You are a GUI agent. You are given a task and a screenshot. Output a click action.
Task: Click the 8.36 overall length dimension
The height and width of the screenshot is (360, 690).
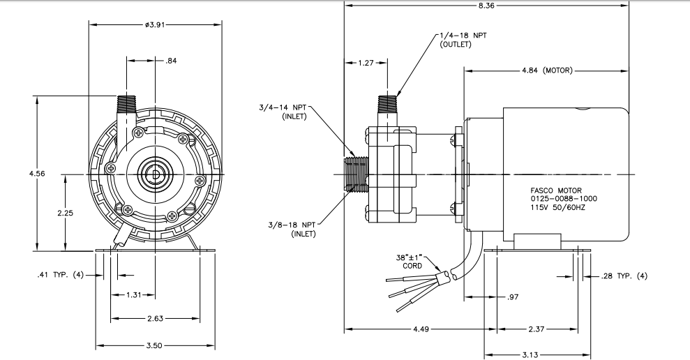pyautogui.click(x=486, y=6)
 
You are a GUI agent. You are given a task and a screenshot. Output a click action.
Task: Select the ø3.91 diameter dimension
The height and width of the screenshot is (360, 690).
pyautogui.click(x=154, y=24)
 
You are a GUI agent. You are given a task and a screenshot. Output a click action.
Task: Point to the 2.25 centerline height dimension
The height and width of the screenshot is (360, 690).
pyautogui.click(x=65, y=213)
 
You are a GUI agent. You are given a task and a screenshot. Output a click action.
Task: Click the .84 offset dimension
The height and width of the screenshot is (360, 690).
pyautogui.click(x=171, y=61)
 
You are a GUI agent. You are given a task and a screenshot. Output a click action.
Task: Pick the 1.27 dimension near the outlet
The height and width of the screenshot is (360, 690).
pyautogui.click(x=366, y=63)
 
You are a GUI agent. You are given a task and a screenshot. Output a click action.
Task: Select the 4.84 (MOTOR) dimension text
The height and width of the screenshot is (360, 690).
pyautogui.click(x=547, y=70)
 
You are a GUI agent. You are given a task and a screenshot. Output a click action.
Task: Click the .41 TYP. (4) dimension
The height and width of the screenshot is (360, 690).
pyautogui.click(x=60, y=275)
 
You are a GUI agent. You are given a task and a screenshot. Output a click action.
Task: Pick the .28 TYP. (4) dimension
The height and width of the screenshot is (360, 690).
pyautogui.click(x=624, y=276)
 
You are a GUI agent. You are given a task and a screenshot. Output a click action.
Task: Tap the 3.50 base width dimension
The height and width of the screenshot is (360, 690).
pyautogui.click(x=154, y=345)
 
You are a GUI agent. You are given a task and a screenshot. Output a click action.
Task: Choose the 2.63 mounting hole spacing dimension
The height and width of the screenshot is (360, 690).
pyautogui.click(x=154, y=318)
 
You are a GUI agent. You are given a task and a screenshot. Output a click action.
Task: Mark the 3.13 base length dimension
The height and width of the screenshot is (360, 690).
pyautogui.click(x=537, y=354)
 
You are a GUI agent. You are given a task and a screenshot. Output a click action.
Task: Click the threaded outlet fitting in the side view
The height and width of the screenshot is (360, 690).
pyautogui.click(x=388, y=103)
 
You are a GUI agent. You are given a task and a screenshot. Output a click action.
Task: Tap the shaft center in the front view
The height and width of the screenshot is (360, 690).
pyautogui.click(x=155, y=174)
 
